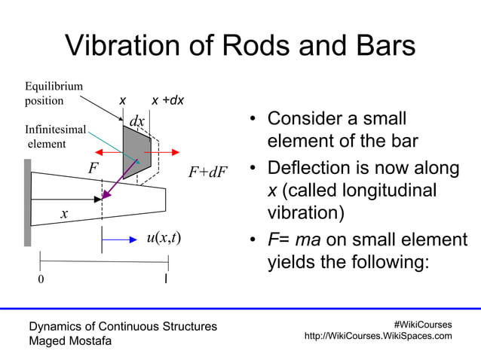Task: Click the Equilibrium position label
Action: (x=54, y=93)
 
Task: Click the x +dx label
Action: (x=168, y=101)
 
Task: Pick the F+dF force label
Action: (x=207, y=172)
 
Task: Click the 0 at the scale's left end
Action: (x=41, y=280)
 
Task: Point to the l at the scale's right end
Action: (x=167, y=279)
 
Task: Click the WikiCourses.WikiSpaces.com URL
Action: (x=378, y=336)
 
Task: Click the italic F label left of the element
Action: (x=93, y=167)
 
